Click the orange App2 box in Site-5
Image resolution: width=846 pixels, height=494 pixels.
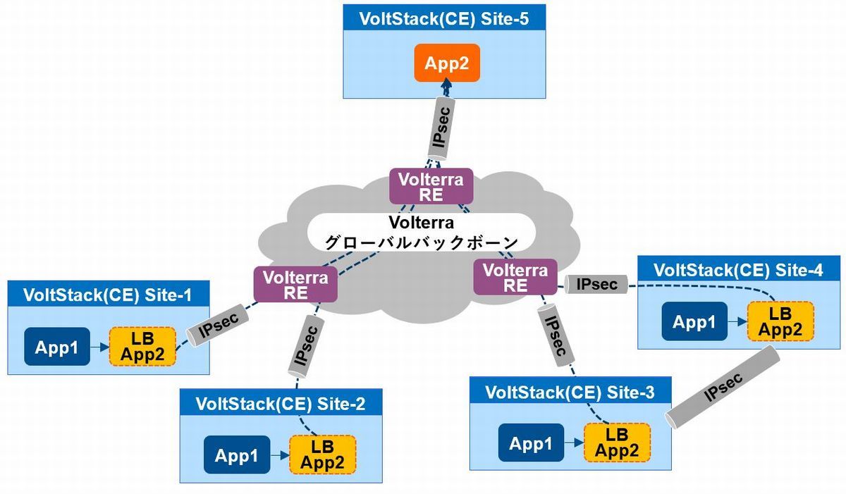[446, 63]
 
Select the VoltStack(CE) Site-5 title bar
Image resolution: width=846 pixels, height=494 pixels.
[444, 18]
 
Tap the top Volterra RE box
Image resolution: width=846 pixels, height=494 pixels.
[431, 187]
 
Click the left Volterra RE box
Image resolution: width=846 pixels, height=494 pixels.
[295, 285]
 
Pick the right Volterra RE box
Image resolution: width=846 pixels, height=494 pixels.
[515, 277]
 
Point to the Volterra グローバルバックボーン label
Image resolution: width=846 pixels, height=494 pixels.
[422, 232]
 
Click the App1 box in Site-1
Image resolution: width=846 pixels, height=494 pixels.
[57, 346]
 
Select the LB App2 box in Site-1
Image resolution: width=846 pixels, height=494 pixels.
[142, 346]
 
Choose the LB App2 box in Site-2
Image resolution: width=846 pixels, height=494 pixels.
[322, 455]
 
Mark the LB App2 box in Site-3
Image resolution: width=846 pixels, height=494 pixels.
[617, 443]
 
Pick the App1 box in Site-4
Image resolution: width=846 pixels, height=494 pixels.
[694, 321]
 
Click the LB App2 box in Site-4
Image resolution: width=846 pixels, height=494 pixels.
[780, 321]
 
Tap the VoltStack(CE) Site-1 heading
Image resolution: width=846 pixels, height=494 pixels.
[108, 294]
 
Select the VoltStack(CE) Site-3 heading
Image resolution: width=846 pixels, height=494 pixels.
[570, 391]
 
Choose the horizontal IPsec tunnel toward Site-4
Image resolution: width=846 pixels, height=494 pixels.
[596, 285]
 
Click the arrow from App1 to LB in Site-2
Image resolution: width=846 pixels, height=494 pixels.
[279, 456]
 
